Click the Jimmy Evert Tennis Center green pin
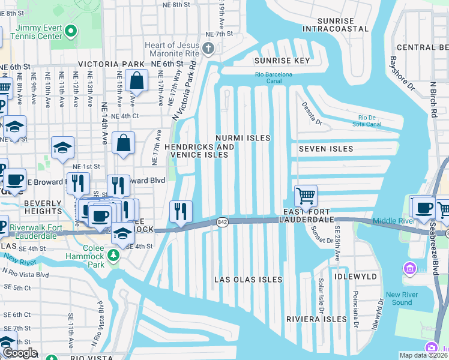pos(71,31)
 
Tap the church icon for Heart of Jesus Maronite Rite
pos(208,49)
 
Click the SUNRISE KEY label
pos(282,61)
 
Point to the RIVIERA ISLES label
pos(316,319)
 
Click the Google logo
pos(19,353)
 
